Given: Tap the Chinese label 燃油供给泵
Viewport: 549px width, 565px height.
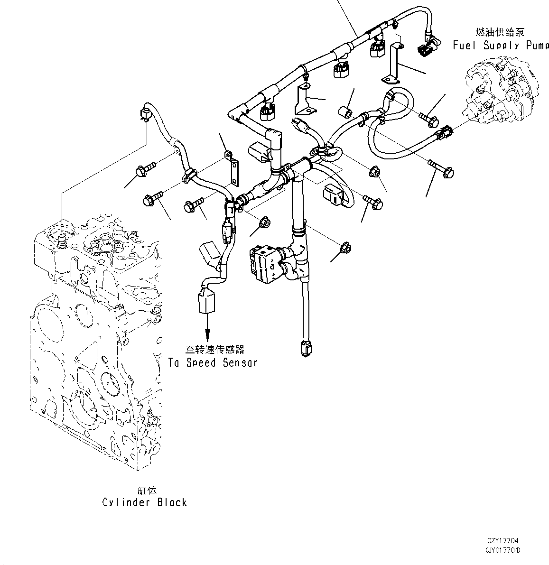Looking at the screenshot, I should click(x=500, y=32).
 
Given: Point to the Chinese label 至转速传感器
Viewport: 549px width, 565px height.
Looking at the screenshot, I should click(x=214, y=350).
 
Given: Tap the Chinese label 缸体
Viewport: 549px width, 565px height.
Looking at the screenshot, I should click(x=145, y=491).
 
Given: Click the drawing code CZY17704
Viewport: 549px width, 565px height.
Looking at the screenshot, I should click(x=502, y=541).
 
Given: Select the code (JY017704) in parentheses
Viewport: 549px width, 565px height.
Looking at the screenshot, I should click(x=502, y=550).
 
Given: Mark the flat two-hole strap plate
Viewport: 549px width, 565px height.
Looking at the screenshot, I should click(x=233, y=166).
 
